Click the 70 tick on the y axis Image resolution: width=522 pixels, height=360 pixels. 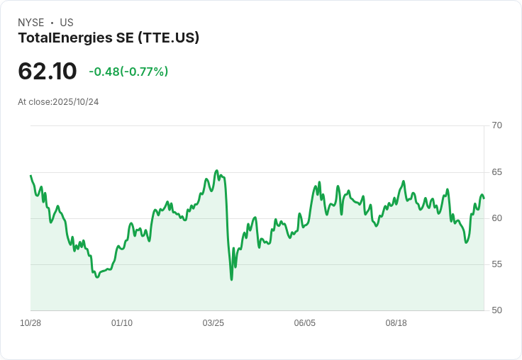[x=496, y=125]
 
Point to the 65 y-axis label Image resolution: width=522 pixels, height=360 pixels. [x=496, y=172]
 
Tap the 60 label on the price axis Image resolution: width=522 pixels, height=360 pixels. [x=496, y=218]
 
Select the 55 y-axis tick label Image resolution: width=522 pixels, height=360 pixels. [x=496, y=264]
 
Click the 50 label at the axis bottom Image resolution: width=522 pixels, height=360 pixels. [x=496, y=310]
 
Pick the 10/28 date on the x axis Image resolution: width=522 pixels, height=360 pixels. [x=30, y=323]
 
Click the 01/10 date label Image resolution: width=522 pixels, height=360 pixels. [x=122, y=323]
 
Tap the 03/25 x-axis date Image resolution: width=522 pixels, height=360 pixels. [x=213, y=323]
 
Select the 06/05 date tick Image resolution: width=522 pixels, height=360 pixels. [x=304, y=323]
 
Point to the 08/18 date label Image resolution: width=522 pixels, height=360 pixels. [x=396, y=323]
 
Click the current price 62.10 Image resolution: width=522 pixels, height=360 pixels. [x=48, y=72]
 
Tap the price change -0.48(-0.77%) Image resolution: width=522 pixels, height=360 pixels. [x=128, y=72]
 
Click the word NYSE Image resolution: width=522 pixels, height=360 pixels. [x=31, y=23]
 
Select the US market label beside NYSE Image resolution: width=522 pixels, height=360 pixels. [x=67, y=23]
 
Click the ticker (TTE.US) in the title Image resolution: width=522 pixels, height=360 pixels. [x=169, y=38]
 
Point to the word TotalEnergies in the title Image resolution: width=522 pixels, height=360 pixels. [x=65, y=38]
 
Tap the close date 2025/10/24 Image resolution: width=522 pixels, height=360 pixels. [x=76, y=102]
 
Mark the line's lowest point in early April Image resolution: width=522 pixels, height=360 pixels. [x=231, y=279]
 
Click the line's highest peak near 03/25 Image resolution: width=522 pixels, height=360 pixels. [x=217, y=171]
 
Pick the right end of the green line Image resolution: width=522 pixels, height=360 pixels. [x=484, y=198]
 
